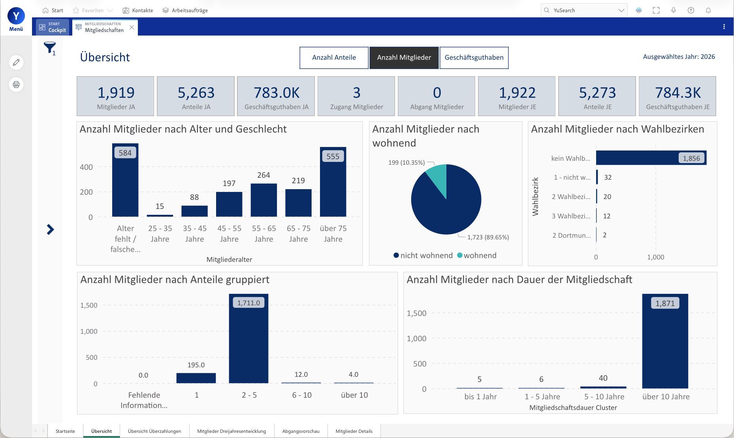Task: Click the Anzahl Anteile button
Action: point(334,58)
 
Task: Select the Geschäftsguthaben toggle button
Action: point(474,58)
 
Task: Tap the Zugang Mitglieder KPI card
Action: point(356,96)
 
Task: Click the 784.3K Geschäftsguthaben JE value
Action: point(678,92)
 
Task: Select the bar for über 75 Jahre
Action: point(333,182)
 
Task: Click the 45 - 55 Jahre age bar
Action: point(229,204)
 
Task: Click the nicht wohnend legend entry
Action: point(423,256)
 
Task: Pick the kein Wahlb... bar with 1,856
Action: point(651,158)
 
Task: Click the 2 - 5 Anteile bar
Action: point(248,338)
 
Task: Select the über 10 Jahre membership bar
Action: point(665,341)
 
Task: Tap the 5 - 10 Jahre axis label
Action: point(604,397)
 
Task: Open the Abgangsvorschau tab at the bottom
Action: point(301,431)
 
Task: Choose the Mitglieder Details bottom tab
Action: point(354,431)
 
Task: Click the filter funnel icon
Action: point(49,48)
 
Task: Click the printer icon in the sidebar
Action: point(16,85)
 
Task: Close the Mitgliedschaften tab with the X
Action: point(132,27)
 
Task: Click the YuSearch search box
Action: point(584,10)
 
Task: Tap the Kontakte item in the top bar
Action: point(138,10)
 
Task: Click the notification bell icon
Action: point(708,10)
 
